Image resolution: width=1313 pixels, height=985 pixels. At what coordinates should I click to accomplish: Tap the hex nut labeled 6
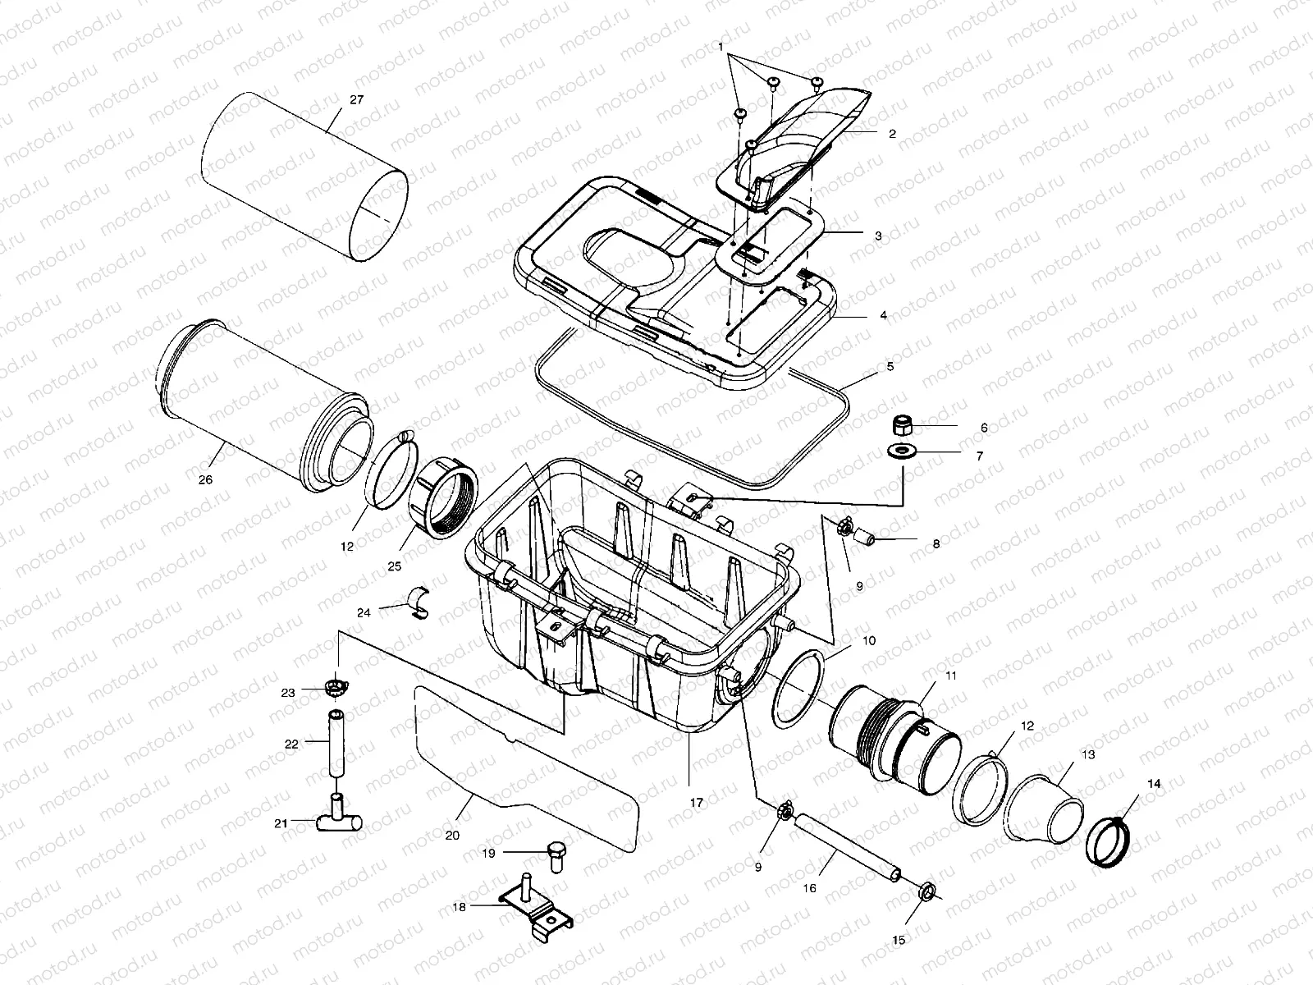903,425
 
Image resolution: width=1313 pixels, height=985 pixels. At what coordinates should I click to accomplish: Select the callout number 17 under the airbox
696,803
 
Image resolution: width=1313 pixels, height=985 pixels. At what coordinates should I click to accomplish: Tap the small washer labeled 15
926,890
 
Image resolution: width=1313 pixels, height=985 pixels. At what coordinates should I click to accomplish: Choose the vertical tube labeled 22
335,744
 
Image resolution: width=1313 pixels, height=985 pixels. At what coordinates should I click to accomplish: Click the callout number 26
205,479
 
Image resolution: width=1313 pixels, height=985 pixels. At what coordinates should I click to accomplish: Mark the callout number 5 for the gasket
890,367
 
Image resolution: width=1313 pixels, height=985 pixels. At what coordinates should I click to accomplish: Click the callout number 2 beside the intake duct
892,133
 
